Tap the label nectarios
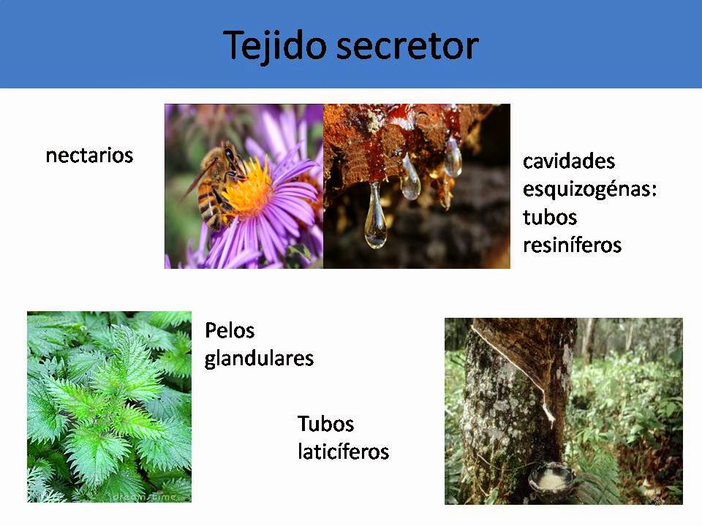point(89,156)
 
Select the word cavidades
point(569,161)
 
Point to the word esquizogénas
point(589,189)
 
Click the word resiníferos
point(572,245)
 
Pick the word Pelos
point(230,331)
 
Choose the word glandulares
point(259,359)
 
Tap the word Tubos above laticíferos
point(325,424)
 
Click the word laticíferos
point(343,451)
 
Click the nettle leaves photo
point(109,406)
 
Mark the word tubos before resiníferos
point(550,217)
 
